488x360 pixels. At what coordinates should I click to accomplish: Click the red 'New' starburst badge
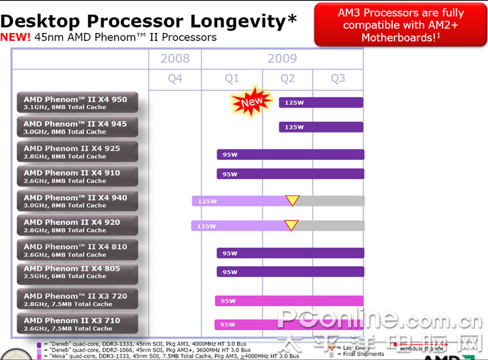tap(251, 101)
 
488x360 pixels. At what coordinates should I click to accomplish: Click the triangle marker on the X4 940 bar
tap(293, 200)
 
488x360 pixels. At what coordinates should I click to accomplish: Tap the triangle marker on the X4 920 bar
tap(292, 225)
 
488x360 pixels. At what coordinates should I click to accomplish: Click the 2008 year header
tap(175, 59)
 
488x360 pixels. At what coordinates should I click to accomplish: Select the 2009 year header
tap(282, 59)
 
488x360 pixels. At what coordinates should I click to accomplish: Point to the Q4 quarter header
tap(175, 79)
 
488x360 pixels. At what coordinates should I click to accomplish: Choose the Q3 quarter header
tap(337, 79)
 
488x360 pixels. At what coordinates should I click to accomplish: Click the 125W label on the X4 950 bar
tap(294, 103)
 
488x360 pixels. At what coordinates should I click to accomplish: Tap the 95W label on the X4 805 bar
tap(230, 272)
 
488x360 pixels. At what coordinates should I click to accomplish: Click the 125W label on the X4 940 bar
tap(207, 201)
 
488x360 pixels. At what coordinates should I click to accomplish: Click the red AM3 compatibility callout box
tap(401, 24)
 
